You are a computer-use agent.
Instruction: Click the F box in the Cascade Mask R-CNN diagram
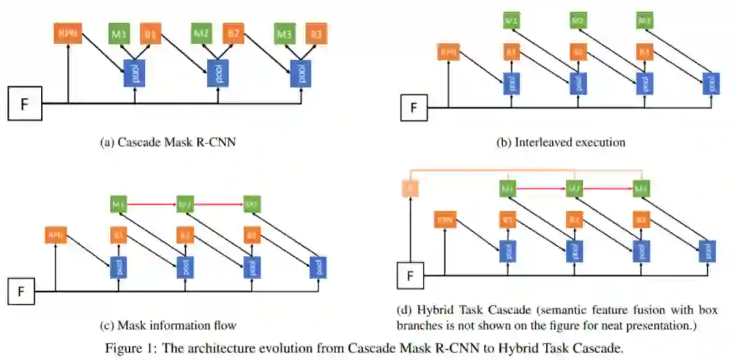coord(25,105)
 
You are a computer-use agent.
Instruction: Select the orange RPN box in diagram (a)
coord(68,33)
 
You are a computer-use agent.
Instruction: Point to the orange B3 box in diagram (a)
coord(316,33)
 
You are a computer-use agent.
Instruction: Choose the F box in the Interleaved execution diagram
coord(413,107)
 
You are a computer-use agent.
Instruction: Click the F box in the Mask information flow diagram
coord(21,292)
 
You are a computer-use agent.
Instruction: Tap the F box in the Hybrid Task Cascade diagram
coord(410,275)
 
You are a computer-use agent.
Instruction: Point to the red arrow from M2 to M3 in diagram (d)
coord(605,186)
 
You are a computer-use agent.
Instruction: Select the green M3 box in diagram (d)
coord(640,186)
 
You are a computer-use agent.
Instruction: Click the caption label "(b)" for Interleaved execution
coord(504,143)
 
